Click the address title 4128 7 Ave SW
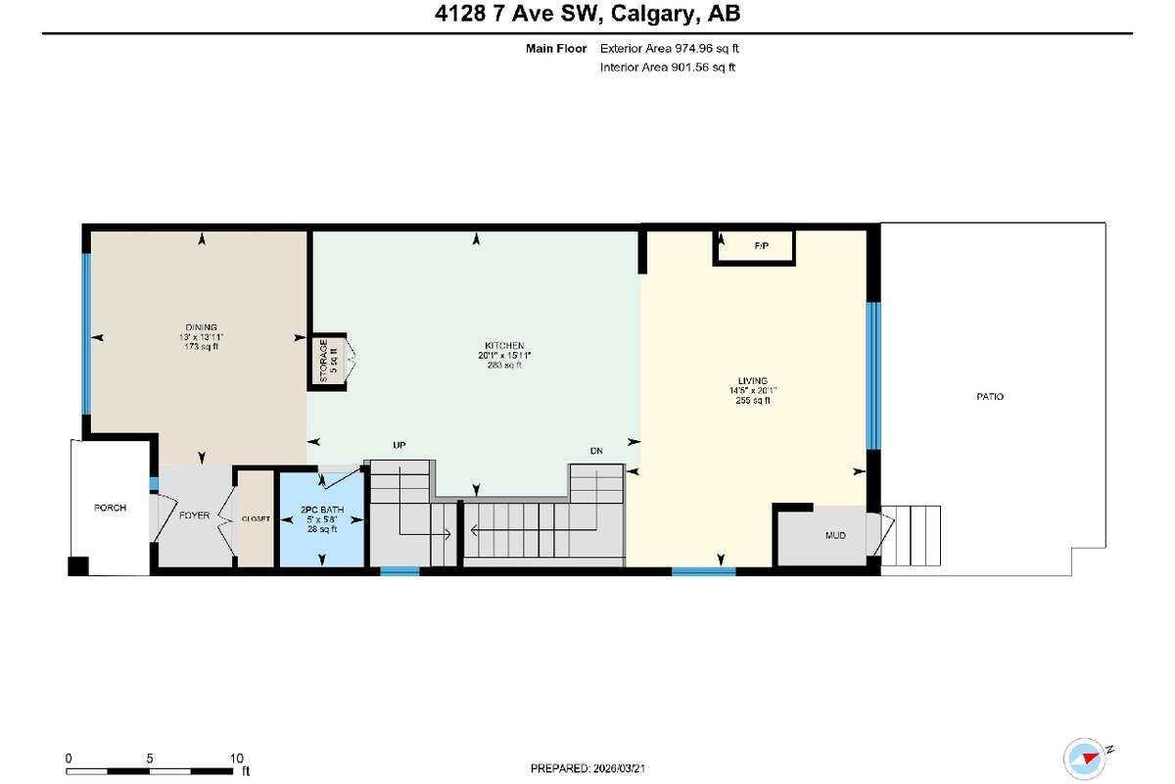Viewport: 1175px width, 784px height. point(587,15)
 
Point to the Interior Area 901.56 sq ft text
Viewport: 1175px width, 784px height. point(667,68)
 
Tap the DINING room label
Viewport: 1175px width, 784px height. point(201,327)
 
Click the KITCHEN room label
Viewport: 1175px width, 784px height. point(504,346)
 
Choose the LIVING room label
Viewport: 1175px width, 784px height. point(753,380)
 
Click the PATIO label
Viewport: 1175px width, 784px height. point(989,397)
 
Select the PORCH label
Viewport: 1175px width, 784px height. point(110,508)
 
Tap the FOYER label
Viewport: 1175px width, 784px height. point(194,515)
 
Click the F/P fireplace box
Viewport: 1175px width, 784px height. point(761,247)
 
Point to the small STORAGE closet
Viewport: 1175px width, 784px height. point(325,360)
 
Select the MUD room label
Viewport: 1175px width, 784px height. point(835,536)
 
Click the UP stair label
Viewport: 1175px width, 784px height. point(399,445)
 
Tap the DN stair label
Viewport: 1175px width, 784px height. point(596,451)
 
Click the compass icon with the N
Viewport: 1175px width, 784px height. point(1087,757)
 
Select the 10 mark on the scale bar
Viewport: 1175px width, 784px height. point(235,759)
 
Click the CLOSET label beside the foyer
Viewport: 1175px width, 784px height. point(256,518)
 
